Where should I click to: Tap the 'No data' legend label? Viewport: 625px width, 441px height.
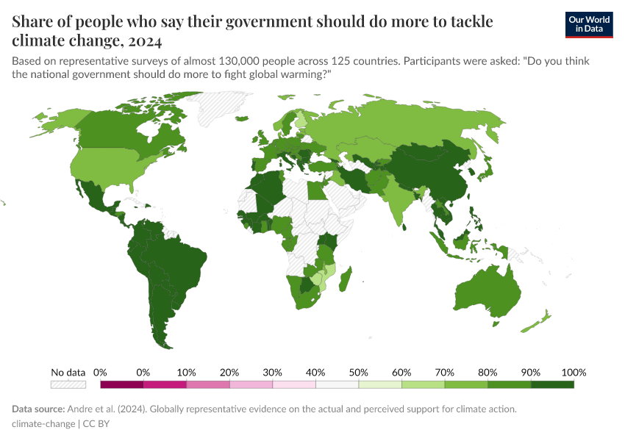68,373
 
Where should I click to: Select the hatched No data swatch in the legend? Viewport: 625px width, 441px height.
68,384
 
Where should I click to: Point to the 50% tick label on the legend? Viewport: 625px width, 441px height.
359,373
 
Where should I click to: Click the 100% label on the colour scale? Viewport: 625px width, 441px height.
573,373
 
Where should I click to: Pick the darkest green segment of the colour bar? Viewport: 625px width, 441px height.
552,384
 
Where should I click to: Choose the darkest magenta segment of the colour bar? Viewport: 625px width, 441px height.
122,384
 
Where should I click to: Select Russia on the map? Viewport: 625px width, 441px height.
412,125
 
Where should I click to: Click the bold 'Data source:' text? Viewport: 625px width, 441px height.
37,409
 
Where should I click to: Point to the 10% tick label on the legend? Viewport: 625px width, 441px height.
186,373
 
